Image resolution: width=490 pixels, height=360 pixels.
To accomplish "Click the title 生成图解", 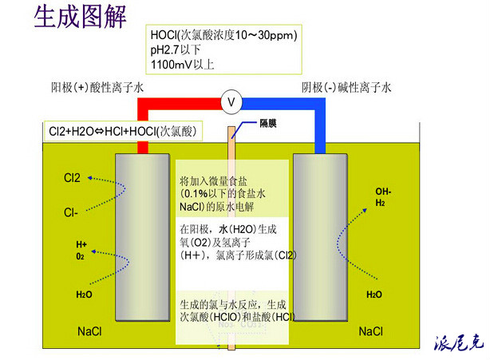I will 81,17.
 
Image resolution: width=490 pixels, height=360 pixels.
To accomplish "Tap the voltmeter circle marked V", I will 231,102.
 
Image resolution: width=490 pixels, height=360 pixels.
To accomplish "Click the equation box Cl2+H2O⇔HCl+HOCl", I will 119,129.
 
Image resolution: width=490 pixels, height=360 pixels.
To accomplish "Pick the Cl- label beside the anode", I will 72,212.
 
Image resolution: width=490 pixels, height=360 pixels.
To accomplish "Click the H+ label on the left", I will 81,244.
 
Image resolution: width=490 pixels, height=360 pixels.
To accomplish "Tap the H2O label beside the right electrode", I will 373,295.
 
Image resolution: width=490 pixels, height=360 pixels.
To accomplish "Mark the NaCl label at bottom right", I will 372,330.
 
